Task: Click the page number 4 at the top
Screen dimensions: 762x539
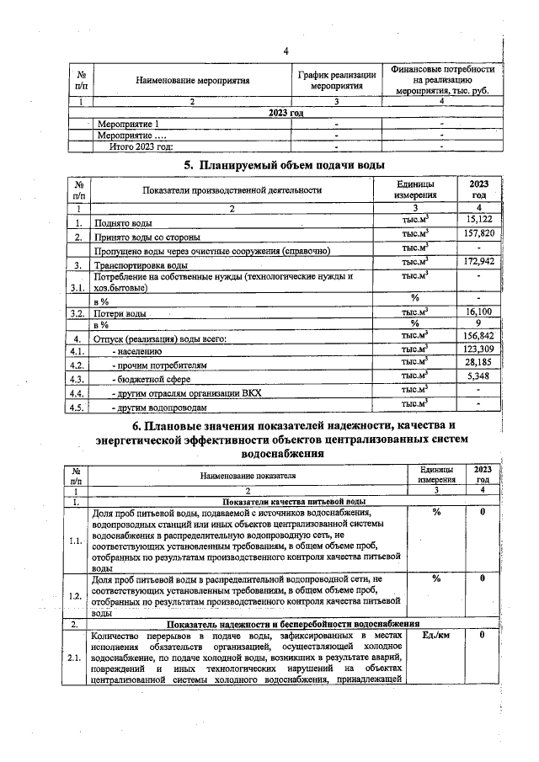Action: pyautogui.click(x=286, y=51)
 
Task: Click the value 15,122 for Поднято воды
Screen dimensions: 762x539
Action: pyautogui.click(x=479, y=221)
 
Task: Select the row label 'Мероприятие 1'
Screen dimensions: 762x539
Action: pyautogui.click(x=128, y=125)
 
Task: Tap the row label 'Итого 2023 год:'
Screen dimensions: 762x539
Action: pyautogui.click(x=141, y=146)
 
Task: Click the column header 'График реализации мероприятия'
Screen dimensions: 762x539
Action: pyautogui.click(x=336, y=81)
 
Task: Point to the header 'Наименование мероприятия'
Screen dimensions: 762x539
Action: pyautogui.click(x=193, y=81)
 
